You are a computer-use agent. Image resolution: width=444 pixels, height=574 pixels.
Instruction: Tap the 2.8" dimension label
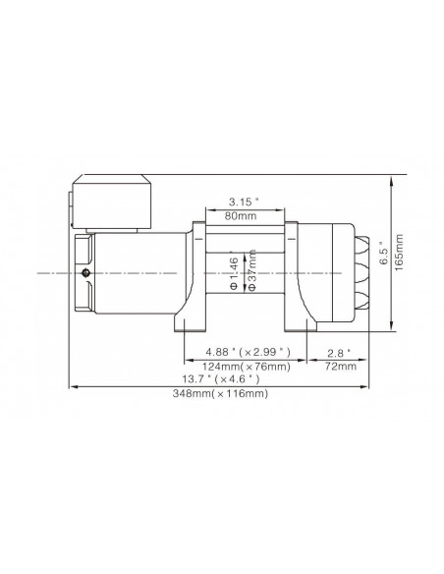(341, 352)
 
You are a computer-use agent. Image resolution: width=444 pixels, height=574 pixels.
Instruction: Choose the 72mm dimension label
(341, 366)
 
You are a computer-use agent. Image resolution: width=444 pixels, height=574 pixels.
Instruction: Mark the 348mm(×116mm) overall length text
(218, 393)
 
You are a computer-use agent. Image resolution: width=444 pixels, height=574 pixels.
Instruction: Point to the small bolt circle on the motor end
(87, 272)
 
